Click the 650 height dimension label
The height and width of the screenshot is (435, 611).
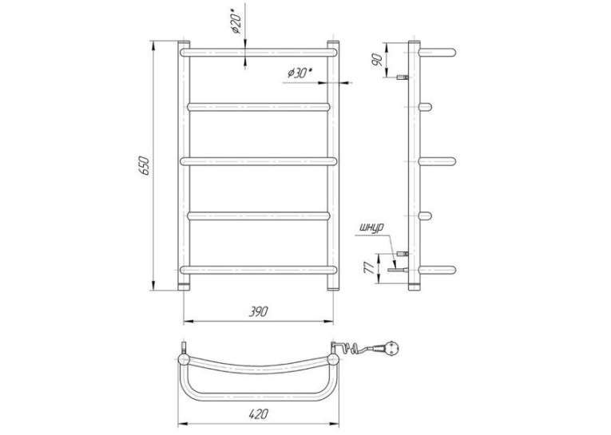(144, 165)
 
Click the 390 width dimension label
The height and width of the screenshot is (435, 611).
(258, 312)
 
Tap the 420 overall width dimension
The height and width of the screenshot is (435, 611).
(258, 414)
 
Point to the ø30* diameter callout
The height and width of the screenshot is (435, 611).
(300, 73)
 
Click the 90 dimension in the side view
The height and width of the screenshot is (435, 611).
(378, 60)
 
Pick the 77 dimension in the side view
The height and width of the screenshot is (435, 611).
(369, 268)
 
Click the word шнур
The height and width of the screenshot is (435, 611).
(372, 227)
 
